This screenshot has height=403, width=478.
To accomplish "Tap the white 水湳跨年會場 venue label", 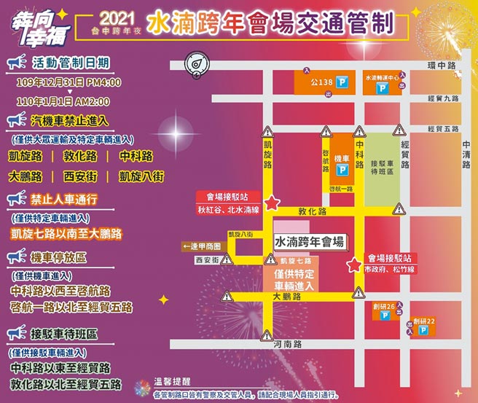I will click(308, 240).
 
